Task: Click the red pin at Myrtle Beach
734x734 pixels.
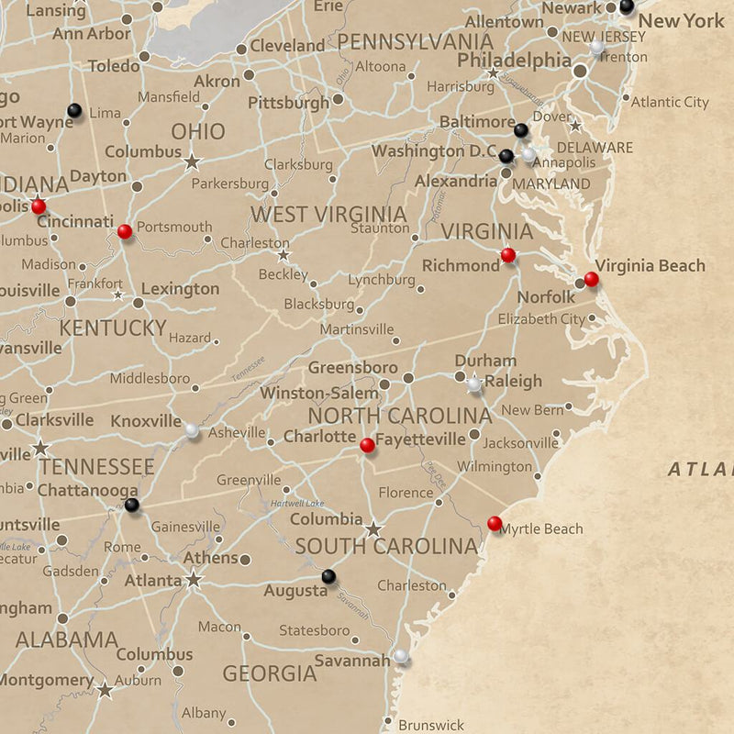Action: click(x=495, y=524)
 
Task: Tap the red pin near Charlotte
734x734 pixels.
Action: click(x=367, y=445)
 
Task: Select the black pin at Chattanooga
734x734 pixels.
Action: click(x=132, y=505)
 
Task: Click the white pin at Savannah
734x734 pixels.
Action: click(x=401, y=656)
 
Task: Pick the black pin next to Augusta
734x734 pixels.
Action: click(x=328, y=576)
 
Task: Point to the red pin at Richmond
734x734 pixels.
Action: click(x=508, y=255)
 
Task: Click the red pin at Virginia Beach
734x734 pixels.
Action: click(x=591, y=279)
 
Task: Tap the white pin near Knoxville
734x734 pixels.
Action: click(x=192, y=429)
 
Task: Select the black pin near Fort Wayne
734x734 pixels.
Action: click(x=74, y=111)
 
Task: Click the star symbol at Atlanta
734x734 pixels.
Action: click(x=194, y=580)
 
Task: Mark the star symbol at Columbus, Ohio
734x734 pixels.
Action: click(x=192, y=161)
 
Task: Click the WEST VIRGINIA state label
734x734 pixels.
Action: click(x=328, y=215)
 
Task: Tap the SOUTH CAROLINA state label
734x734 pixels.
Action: click(x=386, y=547)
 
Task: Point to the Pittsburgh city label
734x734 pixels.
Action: click(x=288, y=103)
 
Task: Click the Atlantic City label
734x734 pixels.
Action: click(x=670, y=102)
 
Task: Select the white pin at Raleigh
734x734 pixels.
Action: click(x=473, y=385)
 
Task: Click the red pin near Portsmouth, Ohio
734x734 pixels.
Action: click(x=125, y=231)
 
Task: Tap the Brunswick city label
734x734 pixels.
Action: click(x=431, y=725)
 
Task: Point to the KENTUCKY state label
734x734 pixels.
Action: click(x=113, y=328)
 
